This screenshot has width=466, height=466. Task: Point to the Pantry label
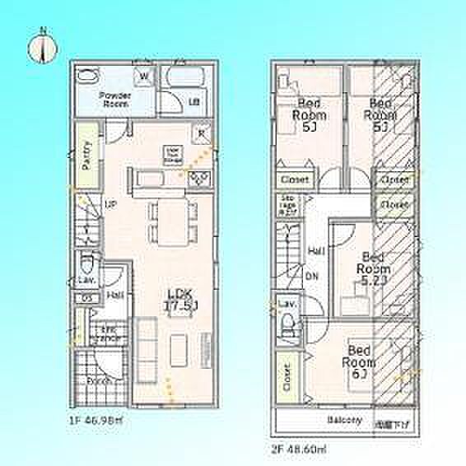click(86, 154)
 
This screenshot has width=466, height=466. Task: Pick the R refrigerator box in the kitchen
click(201, 134)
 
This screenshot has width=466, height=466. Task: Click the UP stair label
click(109, 205)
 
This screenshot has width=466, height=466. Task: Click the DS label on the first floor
click(87, 298)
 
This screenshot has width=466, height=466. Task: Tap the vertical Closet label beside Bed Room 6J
click(287, 377)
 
